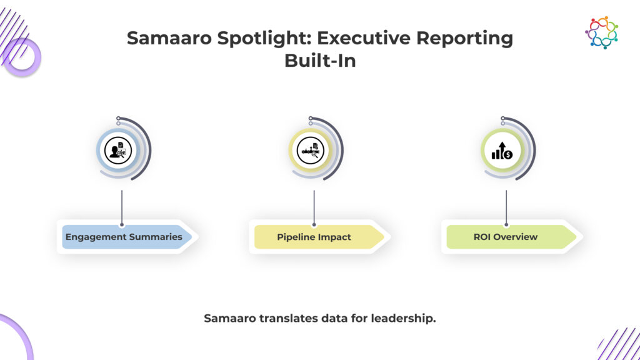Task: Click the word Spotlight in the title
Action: [x=264, y=38]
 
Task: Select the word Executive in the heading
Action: [x=364, y=38]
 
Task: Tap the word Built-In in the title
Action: [x=320, y=61]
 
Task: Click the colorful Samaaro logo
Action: [x=601, y=32]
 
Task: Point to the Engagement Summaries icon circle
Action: [x=118, y=151]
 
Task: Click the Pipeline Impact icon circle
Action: [x=310, y=151]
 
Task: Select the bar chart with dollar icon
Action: [x=502, y=151]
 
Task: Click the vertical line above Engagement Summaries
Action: [x=122, y=207]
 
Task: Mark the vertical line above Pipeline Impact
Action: [x=314, y=207]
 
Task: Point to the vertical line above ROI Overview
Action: [x=506, y=207]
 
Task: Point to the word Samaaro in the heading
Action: [x=169, y=38]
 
